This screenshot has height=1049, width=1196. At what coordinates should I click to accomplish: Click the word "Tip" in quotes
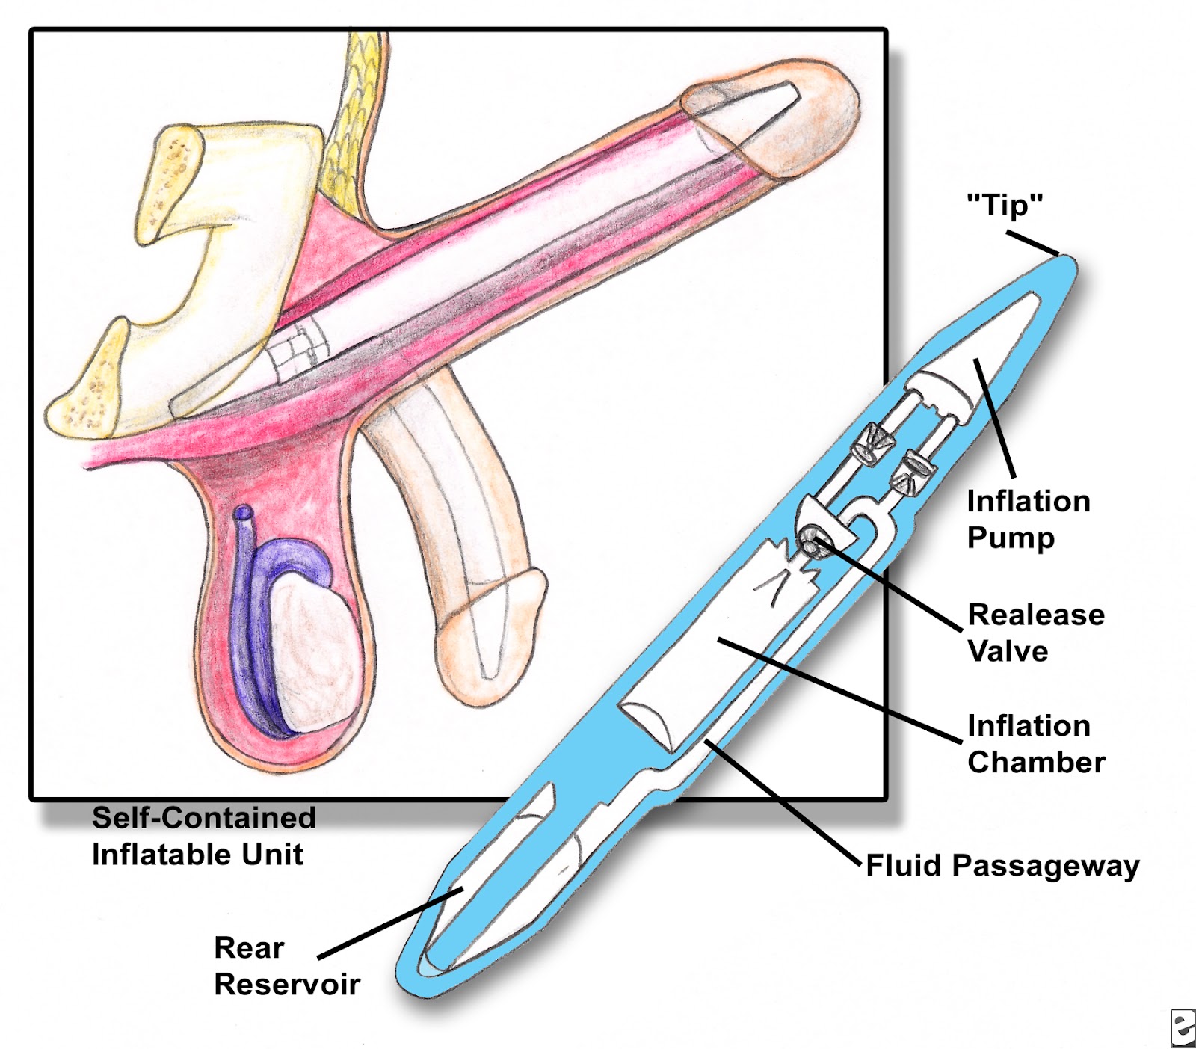click(1005, 205)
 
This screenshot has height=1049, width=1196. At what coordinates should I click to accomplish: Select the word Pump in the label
click(1011, 538)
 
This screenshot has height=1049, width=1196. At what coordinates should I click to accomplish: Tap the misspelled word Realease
click(1036, 615)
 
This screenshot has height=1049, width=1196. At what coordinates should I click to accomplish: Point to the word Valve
click(1008, 651)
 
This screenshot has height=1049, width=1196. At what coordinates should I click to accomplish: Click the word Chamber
click(1036, 763)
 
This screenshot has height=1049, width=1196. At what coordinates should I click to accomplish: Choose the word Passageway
click(1045, 867)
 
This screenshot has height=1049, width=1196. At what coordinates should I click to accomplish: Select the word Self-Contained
click(203, 817)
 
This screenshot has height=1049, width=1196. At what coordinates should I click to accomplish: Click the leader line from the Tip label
click(1032, 244)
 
